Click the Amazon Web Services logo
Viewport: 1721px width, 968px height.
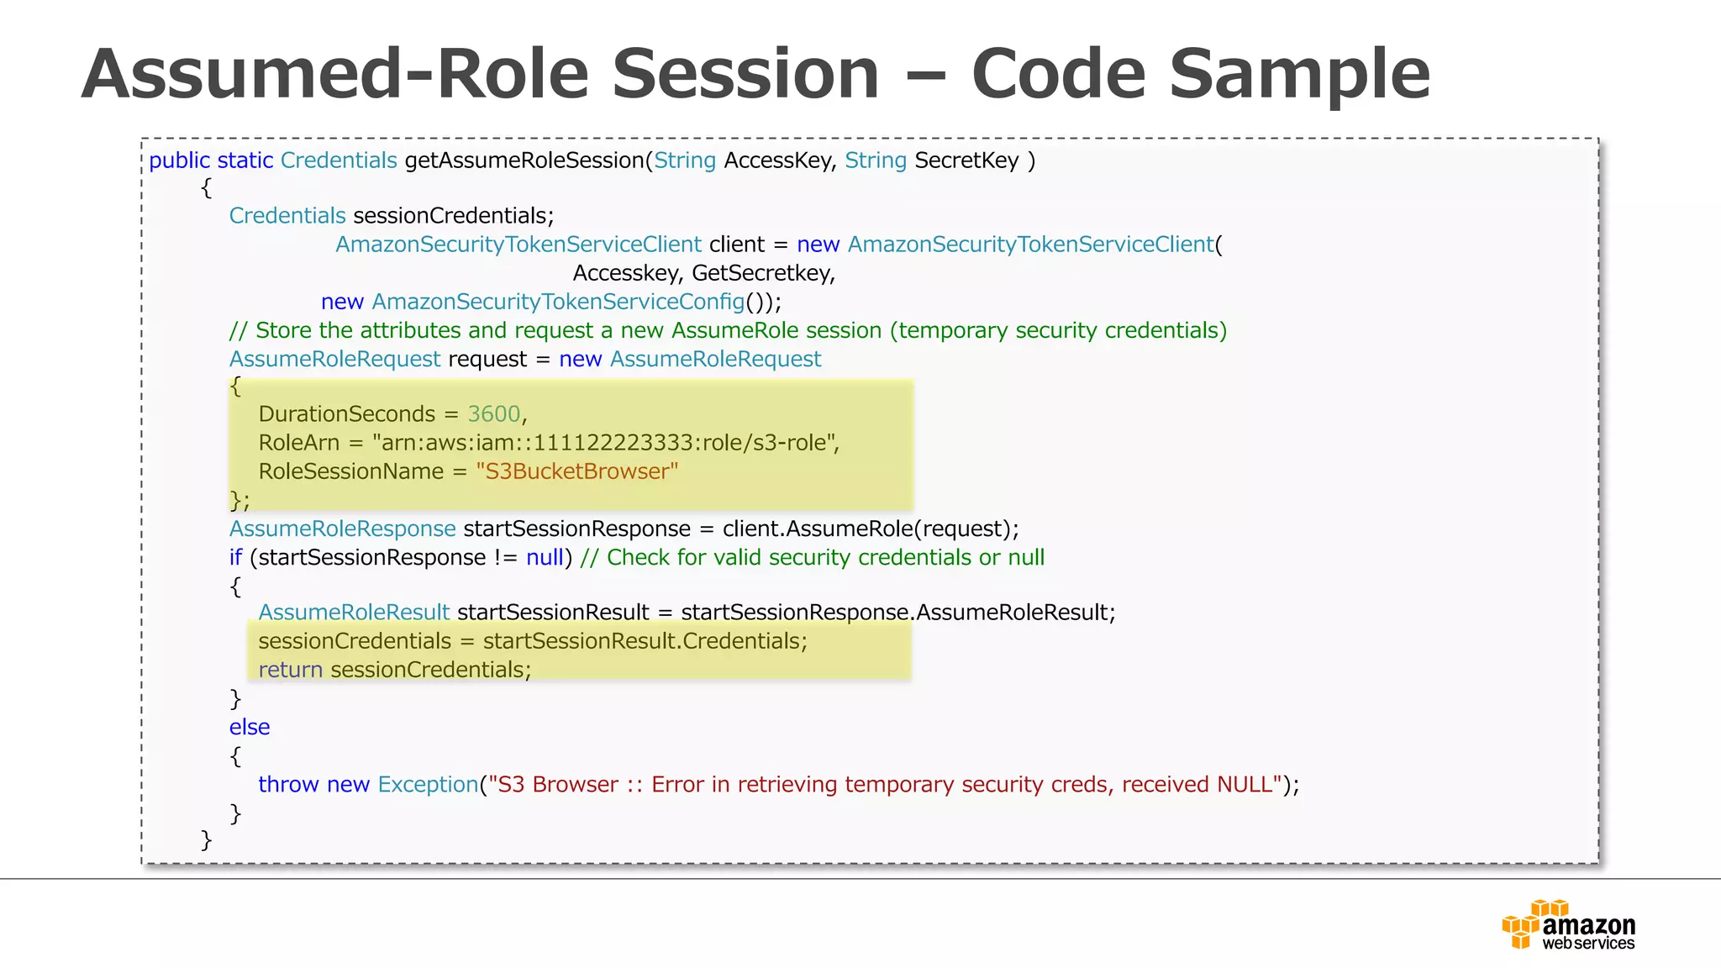click(1568, 925)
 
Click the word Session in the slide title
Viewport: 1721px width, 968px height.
click(745, 74)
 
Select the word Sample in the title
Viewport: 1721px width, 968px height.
click(1299, 74)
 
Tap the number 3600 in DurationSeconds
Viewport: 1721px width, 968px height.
click(494, 414)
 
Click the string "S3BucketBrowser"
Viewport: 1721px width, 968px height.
click(576, 471)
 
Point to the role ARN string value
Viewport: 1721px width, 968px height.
click(605, 443)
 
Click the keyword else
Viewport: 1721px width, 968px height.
click(250, 727)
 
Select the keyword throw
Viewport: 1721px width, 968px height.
click(288, 784)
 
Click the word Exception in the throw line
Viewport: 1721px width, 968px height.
click(428, 784)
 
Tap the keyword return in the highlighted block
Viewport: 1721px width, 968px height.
click(290, 670)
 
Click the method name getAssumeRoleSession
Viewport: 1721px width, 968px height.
click(524, 160)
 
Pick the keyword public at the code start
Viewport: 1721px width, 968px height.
click(179, 160)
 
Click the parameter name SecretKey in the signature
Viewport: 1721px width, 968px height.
click(966, 160)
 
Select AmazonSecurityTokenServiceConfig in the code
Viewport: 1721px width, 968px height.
click(558, 302)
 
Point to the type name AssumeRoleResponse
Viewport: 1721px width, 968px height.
click(342, 529)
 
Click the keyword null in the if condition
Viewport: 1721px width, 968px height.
click(545, 557)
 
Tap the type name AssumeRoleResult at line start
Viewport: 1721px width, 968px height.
click(354, 613)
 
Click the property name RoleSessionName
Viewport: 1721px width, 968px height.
click(350, 471)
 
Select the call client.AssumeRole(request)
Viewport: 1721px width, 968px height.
click(869, 529)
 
